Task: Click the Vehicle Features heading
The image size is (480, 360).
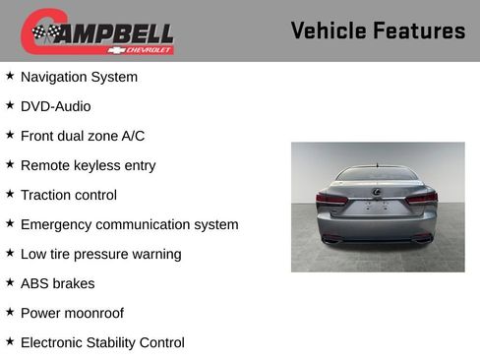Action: tap(378, 31)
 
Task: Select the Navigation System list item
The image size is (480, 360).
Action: tap(79, 77)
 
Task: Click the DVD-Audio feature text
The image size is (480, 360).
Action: tap(55, 106)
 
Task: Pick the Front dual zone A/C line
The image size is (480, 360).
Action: tap(83, 136)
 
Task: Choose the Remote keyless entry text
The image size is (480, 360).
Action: tap(88, 165)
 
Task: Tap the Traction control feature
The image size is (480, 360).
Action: tap(68, 195)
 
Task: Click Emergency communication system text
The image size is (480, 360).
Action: tap(129, 224)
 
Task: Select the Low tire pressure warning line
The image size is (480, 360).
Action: tap(100, 254)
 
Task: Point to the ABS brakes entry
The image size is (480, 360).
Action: tap(57, 283)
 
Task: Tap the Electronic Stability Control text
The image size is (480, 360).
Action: tap(102, 342)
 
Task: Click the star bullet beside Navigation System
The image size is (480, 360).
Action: tap(10, 76)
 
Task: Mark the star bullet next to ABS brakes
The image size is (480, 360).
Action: tap(10, 282)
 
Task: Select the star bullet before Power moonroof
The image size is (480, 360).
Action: tap(10, 312)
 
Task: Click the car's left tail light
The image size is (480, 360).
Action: tap(330, 199)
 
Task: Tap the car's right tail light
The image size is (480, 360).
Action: tap(423, 199)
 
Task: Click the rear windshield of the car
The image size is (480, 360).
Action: tap(377, 175)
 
